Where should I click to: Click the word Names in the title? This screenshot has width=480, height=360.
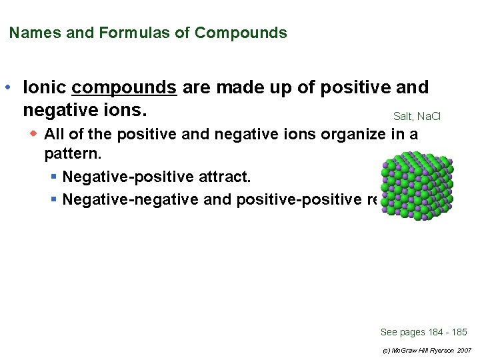point(35,33)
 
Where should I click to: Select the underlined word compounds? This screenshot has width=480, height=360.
point(124,88)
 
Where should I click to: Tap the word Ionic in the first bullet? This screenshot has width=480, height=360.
point(45,88)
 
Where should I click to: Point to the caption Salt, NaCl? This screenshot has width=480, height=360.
point(417,116)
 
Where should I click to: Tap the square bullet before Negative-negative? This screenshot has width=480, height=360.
point(53,199)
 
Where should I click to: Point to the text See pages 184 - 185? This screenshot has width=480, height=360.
point(423,332)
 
